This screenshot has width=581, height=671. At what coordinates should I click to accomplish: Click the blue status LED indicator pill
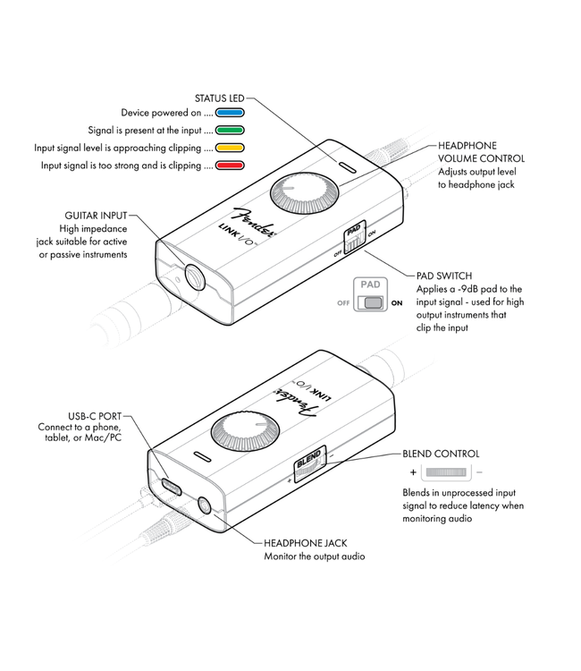pos(232,114)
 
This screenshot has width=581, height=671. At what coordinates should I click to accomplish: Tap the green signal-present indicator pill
pos(232,131)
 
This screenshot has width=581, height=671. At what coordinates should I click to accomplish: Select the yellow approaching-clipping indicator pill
pos(232,148)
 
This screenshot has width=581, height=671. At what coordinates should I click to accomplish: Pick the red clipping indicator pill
pos(232,166)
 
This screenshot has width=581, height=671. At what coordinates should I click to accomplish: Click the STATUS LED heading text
pos(219,98)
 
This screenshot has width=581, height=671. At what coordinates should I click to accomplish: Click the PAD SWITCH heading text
pos(444,276)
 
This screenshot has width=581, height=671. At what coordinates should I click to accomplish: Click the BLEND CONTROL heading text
pos(441,454)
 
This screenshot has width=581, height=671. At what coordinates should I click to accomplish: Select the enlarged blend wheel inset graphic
pos(446,471)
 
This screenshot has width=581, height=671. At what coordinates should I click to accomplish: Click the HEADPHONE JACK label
pos(305,543)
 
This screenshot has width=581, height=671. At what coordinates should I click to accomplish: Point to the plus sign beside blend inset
pos(413,472)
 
